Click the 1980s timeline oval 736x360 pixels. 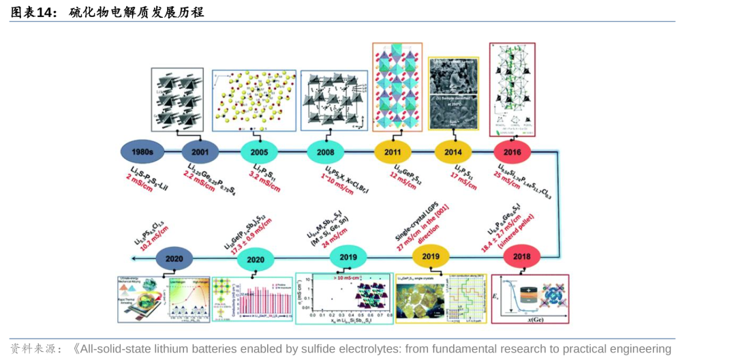(x=141, y=151)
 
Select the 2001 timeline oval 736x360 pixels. (x=200, y=151)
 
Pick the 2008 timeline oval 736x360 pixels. (x=325, y=151)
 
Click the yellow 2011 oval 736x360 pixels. (x=393, y=151)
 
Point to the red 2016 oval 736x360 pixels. (x=512, y=151)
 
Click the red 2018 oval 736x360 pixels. (x=522, y=256)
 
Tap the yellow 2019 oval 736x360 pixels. (x=431, y=256)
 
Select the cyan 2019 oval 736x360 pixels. (x=348, y=256)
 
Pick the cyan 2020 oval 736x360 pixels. (x=256, y=259)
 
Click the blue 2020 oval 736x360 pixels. (x=174, y=259)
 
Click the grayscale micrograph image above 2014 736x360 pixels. (x=454, y=93)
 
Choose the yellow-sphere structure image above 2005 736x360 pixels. (x=254, y=100)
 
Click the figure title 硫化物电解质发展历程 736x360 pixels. (x=137, y=12)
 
